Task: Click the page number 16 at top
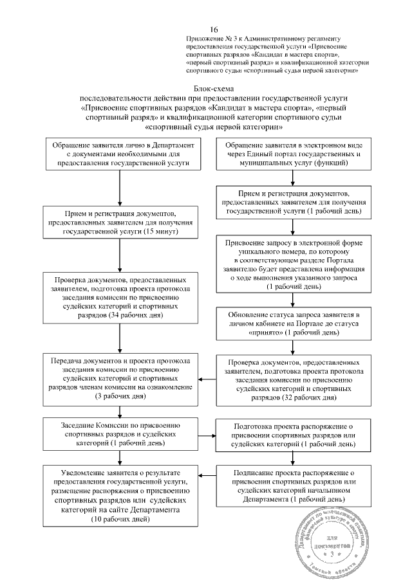tap(214, 30)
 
